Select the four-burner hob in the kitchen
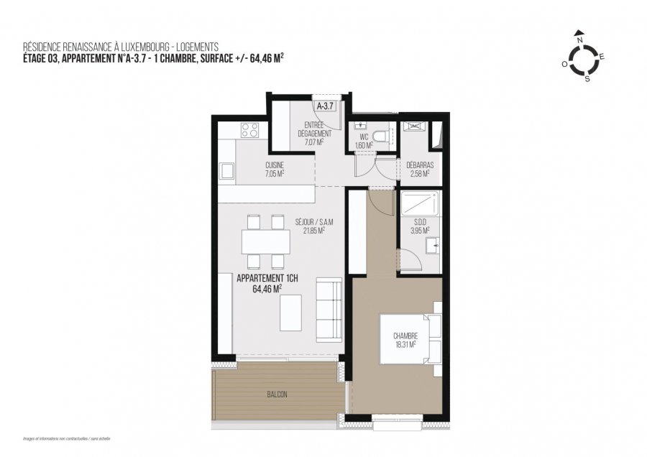249,130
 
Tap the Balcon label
276,395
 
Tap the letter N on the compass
578,32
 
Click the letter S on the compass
587,79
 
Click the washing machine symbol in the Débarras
414,128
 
